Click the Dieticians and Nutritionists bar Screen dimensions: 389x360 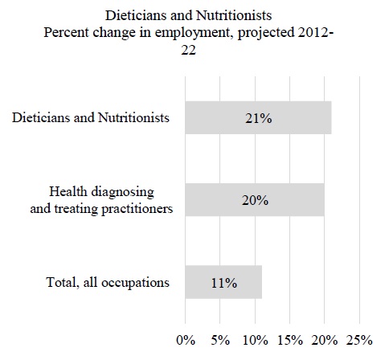point(258,117)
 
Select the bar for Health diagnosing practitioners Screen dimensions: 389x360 point(255,200)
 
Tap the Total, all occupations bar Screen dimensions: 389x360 point(223,282)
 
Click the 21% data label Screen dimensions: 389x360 point(259,118)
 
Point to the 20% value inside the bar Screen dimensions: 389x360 point(255,200)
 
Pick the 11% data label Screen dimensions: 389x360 point(224,283)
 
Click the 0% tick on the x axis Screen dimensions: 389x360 point(186,340)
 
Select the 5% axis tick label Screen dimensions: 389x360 point(220,340)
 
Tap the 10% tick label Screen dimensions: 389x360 point(256,340)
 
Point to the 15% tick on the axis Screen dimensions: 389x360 point(290,340)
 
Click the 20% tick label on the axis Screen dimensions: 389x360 point(325,340)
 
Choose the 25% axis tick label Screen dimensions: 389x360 point(359,340)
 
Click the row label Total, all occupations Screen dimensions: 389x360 point(108,282)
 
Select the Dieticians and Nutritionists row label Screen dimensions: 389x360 point(91,117)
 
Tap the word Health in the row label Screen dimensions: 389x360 point(68,192)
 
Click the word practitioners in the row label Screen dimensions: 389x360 point(137,209)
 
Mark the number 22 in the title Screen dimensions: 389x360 point(189,50)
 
